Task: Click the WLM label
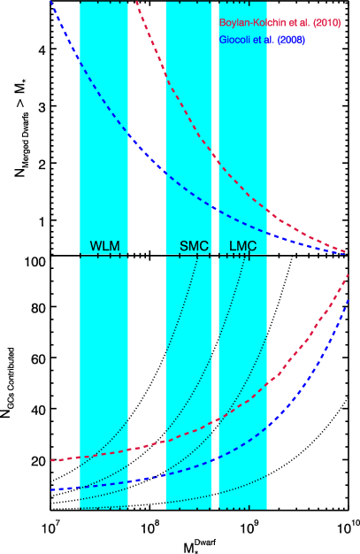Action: tap(104, 246)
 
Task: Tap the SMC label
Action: tap(194, 246)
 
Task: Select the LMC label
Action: tap(242, 246)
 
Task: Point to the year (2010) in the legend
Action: tap(326, 23)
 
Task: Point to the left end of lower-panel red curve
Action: tap(52, 460)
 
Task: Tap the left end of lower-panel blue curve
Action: tap(52, 489)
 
